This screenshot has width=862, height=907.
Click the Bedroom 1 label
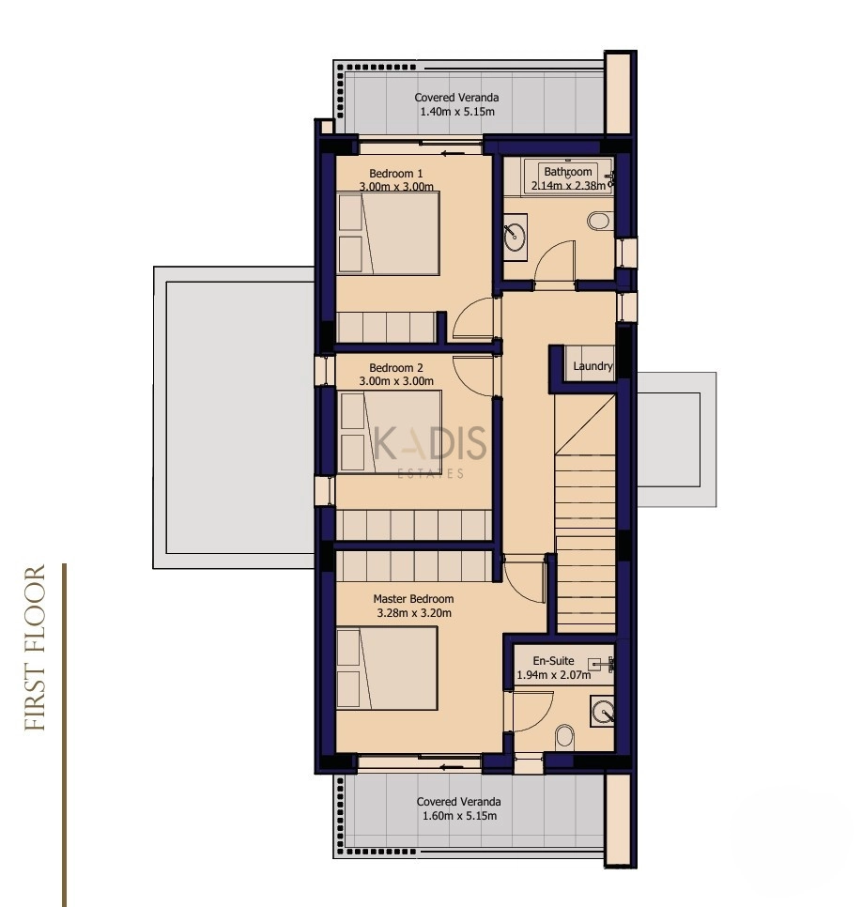coord(395,173)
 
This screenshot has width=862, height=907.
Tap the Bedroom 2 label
coord(395,367)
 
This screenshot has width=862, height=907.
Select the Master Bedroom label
coord(413,599)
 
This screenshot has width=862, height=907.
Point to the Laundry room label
coord(593,366)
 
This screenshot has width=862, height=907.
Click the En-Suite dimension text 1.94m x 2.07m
coord(554,674)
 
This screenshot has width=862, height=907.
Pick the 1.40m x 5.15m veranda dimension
coord(457,112)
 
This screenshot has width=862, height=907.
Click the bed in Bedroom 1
coord(388,233)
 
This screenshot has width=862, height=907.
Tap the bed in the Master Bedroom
coord(387,669)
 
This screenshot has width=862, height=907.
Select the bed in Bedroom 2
coord(390,432)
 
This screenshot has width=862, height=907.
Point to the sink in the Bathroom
coord(515,233)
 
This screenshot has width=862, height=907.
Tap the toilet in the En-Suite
coord(565,738)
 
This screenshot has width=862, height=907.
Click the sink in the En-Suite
coord(602,711)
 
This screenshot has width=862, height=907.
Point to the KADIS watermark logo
coord(430,453)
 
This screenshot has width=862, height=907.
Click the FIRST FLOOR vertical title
coord(36,647)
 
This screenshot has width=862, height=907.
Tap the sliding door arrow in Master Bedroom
coord(452,768)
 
